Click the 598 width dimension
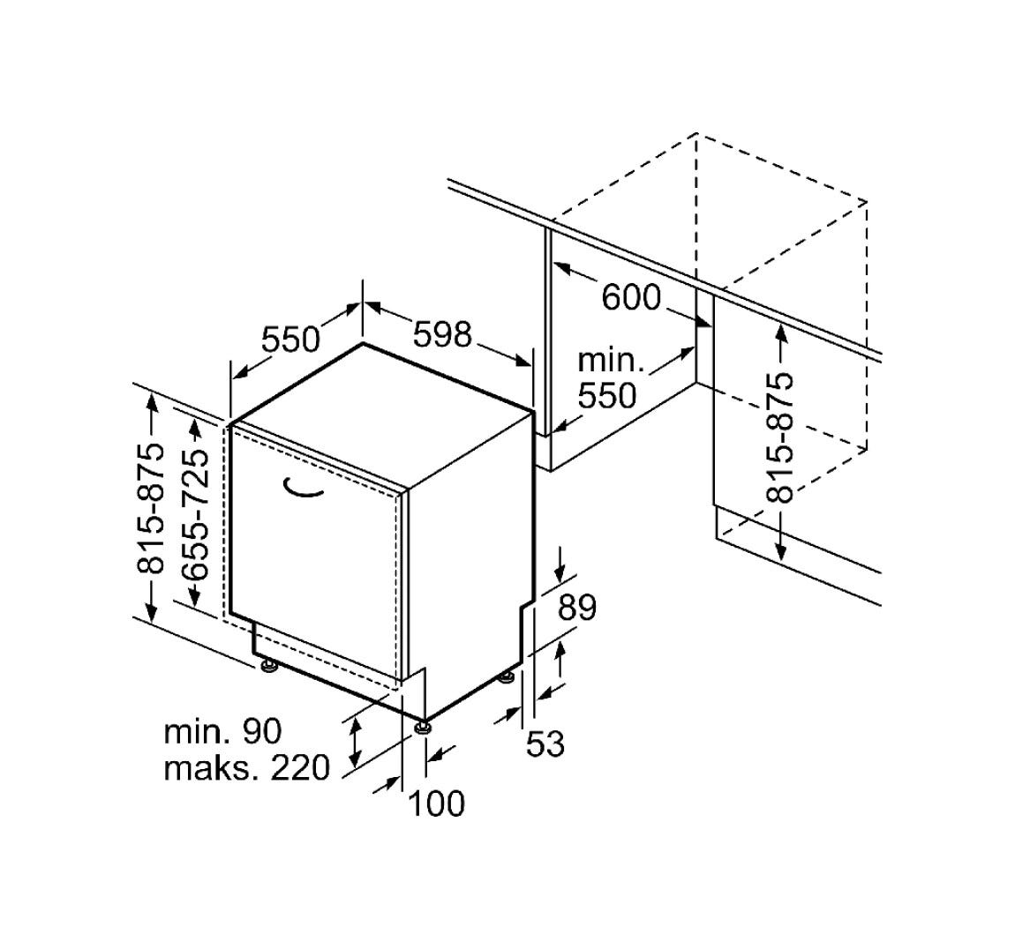coord(443,334)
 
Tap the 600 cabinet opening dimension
coord(631,297)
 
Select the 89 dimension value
coord(576,608)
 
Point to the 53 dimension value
coord(545,744)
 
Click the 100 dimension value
coord(437,803)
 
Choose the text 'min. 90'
coord(223,732)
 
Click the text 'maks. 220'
coord(247,768)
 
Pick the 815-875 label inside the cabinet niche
coord(779,437)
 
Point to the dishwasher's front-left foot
coord(267,666)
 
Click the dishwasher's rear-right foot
coord(507,676)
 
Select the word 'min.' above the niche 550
coord(611,360)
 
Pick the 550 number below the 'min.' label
coord(607,395)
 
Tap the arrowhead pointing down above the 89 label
coord(560,572)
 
